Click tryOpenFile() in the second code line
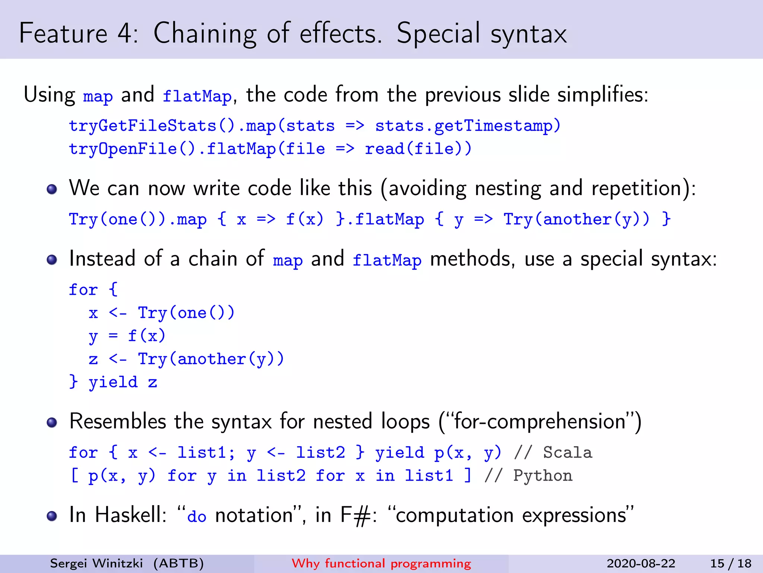coord(132,149)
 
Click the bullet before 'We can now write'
coord(52,189)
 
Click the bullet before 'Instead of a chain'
coord(52,260)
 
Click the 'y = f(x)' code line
coord(127,336)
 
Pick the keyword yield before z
coord(113,382)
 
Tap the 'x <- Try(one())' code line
coord(161,313)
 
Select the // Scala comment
coord(553,453)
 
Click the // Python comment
coord(528,476)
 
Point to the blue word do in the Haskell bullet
coord(197,517)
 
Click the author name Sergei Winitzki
coord(96,563)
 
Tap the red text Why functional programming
coord(381,563)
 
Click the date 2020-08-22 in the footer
coord(641,563)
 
